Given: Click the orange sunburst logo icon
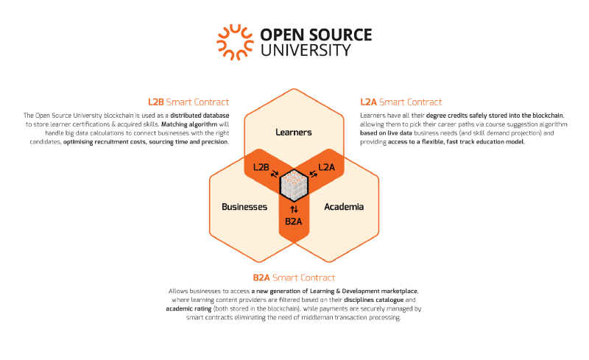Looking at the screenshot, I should click(234, 42).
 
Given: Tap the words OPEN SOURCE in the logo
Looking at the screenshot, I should click(316, 35).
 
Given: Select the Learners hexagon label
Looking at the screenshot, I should click(294, 133).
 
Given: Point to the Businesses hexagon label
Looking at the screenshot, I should click(244, 207).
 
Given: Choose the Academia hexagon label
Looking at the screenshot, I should click(344, 207).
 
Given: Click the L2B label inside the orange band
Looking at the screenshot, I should click(260, 167).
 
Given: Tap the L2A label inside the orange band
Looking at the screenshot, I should click(327, 167).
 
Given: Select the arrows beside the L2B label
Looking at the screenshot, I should click(275, 174).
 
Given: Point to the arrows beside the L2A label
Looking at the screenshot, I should click(312, 174).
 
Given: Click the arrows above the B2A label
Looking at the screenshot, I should click(294, 209).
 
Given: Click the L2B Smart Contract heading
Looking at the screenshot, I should click(188, 102).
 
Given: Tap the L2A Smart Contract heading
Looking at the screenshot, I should click(401, 102).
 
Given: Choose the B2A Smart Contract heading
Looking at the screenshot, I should click(294, 278).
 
